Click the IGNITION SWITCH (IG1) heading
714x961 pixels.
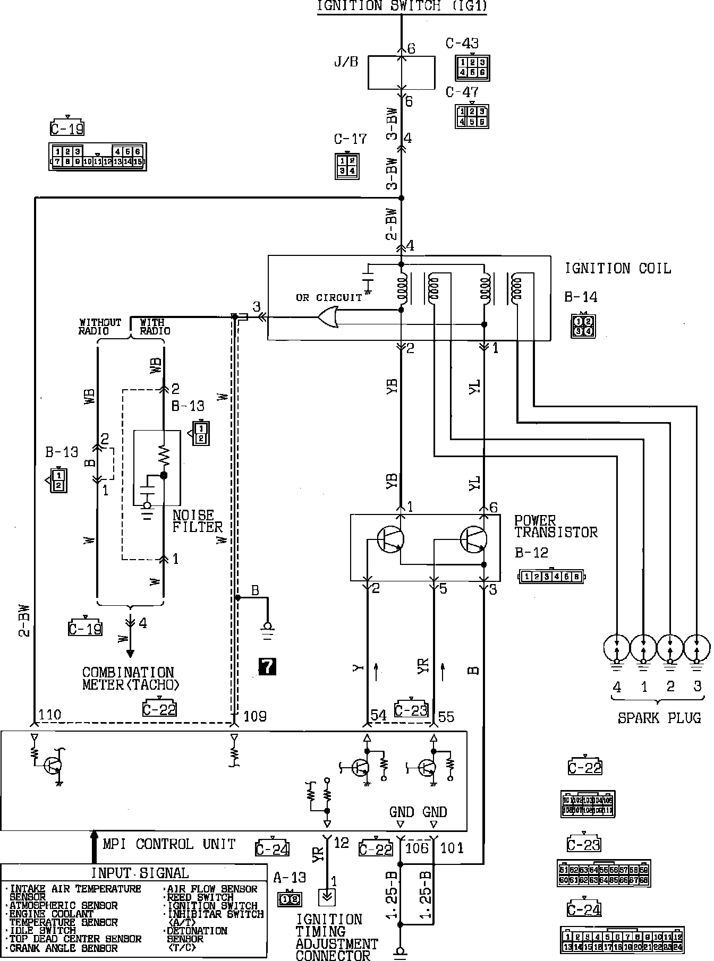click(x=402, y=6)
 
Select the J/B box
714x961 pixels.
click(x=402, y=72)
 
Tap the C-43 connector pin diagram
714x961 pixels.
click(x=472, y=67)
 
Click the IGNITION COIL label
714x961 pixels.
click(x=618, y=269)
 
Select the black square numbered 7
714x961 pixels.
click(x=267, y=666)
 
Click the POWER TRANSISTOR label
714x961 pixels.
click(x=556, y=526)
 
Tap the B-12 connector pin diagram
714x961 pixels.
click(x=552, y=577)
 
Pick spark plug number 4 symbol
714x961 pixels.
click(x=617, y=649)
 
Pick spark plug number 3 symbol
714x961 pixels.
click(x=696, y=649)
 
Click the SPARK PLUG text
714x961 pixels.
click(x=659, y=718)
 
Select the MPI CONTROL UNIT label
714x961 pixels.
click(x=169, y=844)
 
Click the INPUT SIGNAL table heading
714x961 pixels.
click(x=140, y=873)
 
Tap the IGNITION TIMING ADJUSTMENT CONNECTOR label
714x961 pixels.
click(x=336, y=938)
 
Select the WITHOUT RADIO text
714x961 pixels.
click(x=100, y=327)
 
